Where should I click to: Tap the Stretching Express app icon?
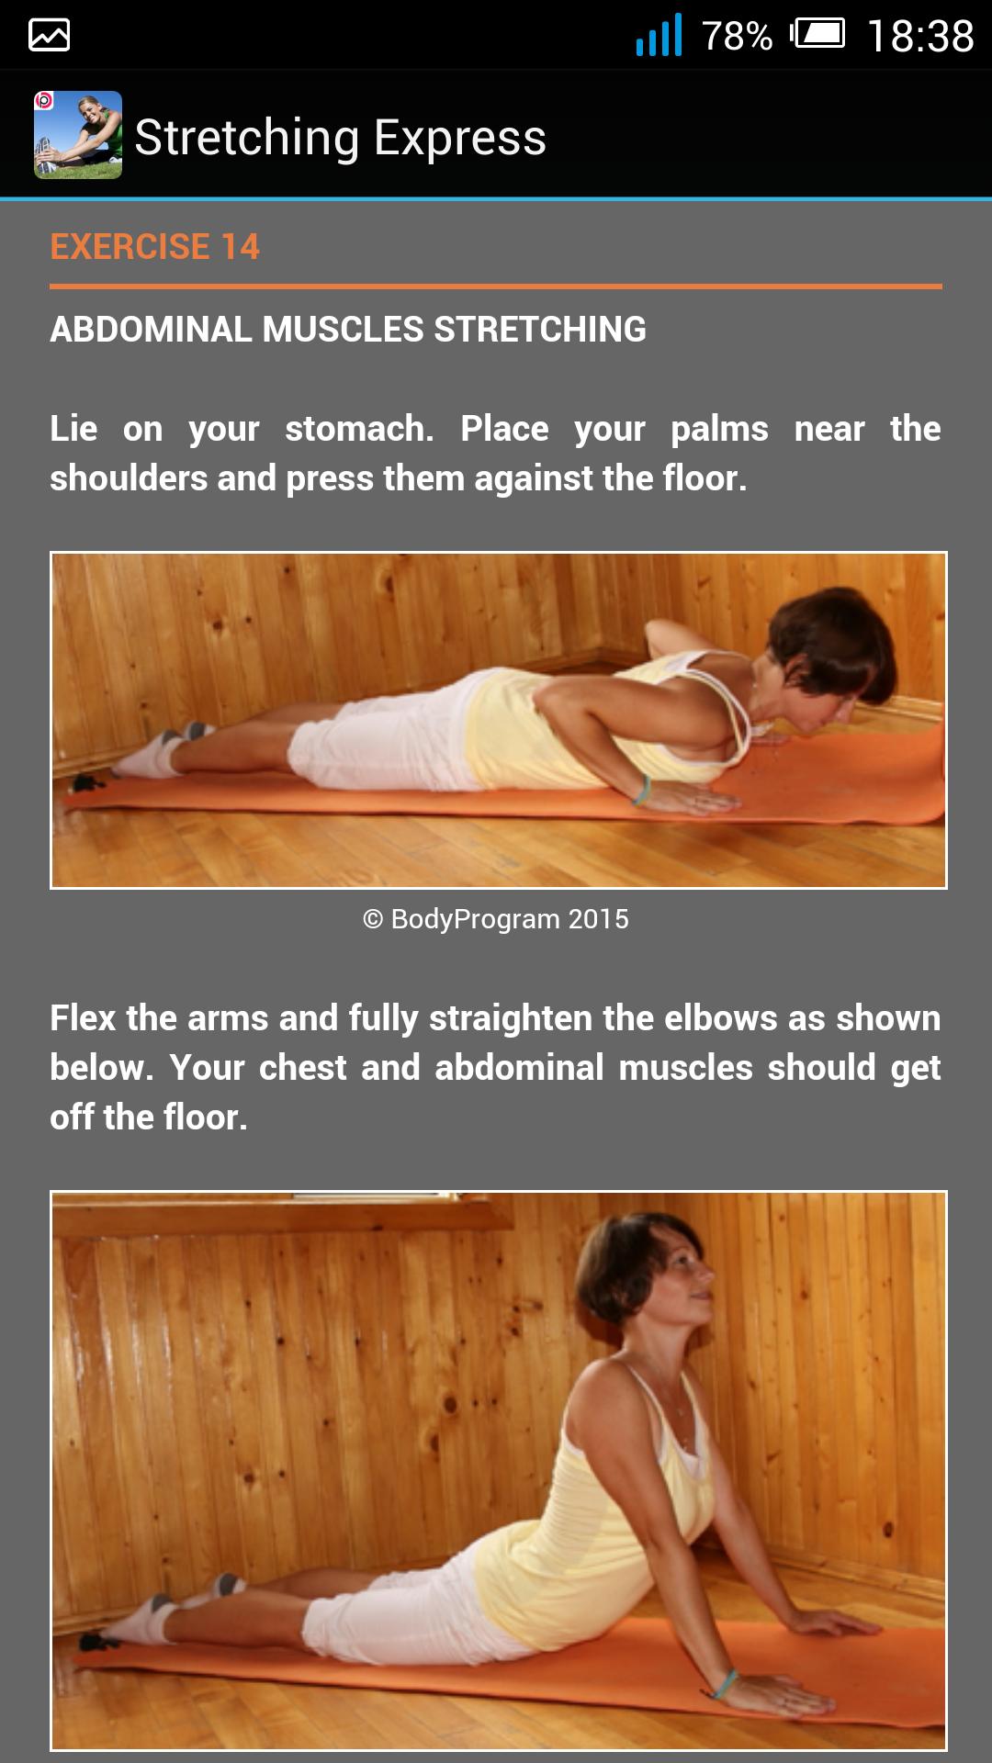point(78,135)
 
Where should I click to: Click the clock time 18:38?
point(919,37)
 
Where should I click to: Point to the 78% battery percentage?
point(737,37)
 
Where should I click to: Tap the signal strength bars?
point(659,36)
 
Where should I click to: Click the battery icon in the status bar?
point(818,35)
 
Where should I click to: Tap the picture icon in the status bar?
point(50,36)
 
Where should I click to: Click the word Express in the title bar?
point(459,138)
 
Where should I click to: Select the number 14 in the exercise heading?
point(240,247)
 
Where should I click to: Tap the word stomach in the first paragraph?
point(359,429)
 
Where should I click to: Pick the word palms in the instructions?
point(719,429)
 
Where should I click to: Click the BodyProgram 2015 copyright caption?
point(496,919)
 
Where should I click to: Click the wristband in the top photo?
point(641,790)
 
